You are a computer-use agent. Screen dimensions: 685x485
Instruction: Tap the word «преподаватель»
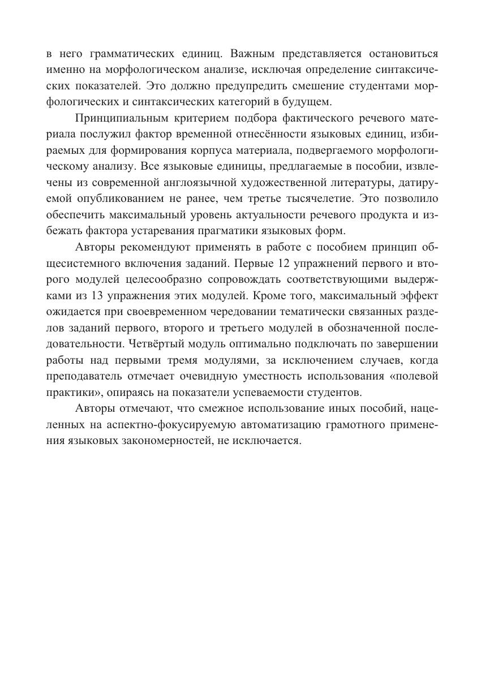81,376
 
